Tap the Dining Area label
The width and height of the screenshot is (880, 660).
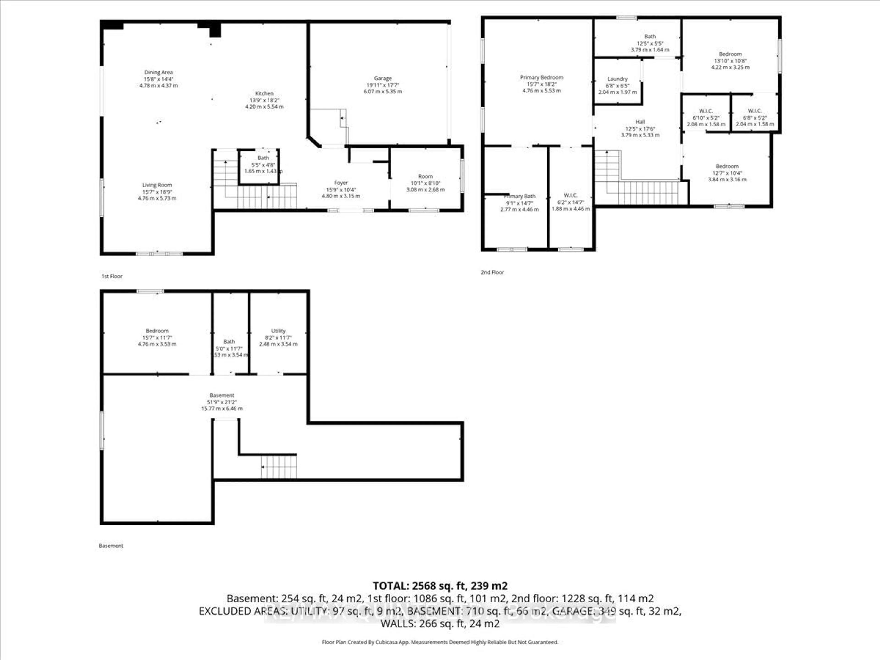tap(158, 72)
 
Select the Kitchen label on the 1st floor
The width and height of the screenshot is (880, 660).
tap(264, 93)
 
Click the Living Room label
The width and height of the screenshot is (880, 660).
tap(157, 185)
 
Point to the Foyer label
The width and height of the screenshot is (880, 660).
tap(341, 183)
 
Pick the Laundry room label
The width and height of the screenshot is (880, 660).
tap(617, 79)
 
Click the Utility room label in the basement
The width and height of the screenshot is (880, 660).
tap(278, 331)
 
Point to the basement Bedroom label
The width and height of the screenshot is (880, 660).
tap(157, 331)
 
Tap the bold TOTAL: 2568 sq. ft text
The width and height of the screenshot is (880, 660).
tap(440, 586)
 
